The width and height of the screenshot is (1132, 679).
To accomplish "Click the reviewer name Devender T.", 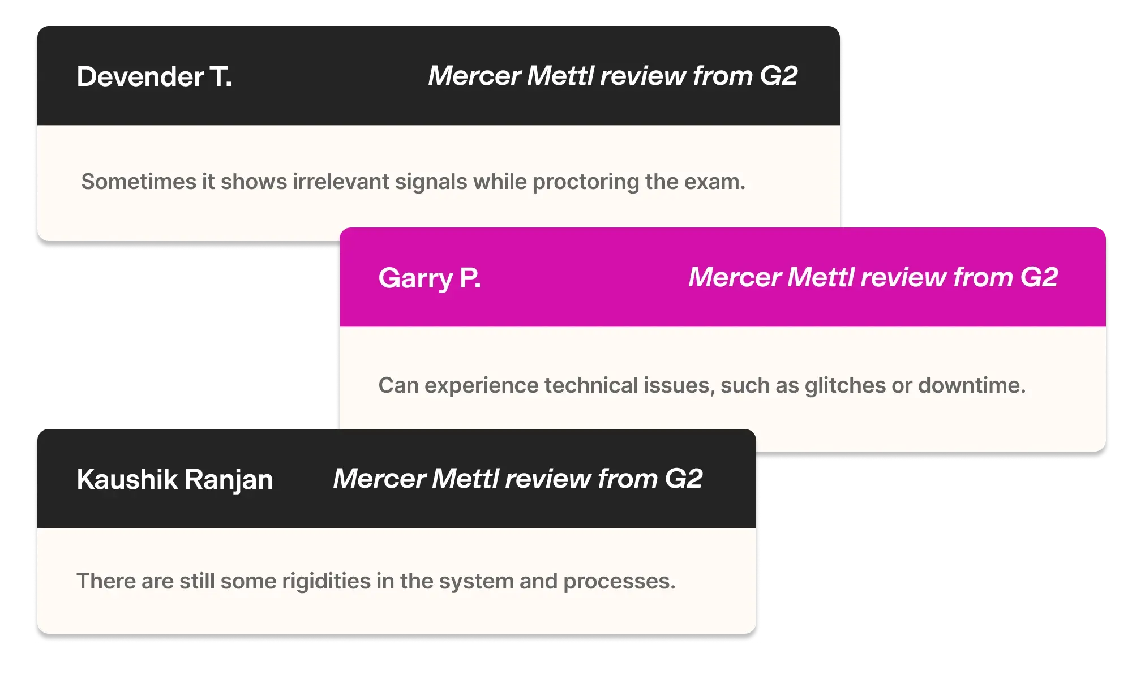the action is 154,77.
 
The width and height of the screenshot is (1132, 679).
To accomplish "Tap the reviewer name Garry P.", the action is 430,278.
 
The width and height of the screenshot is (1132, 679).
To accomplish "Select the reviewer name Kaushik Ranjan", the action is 174,480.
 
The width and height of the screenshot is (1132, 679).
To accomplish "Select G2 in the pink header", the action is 1039,277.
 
